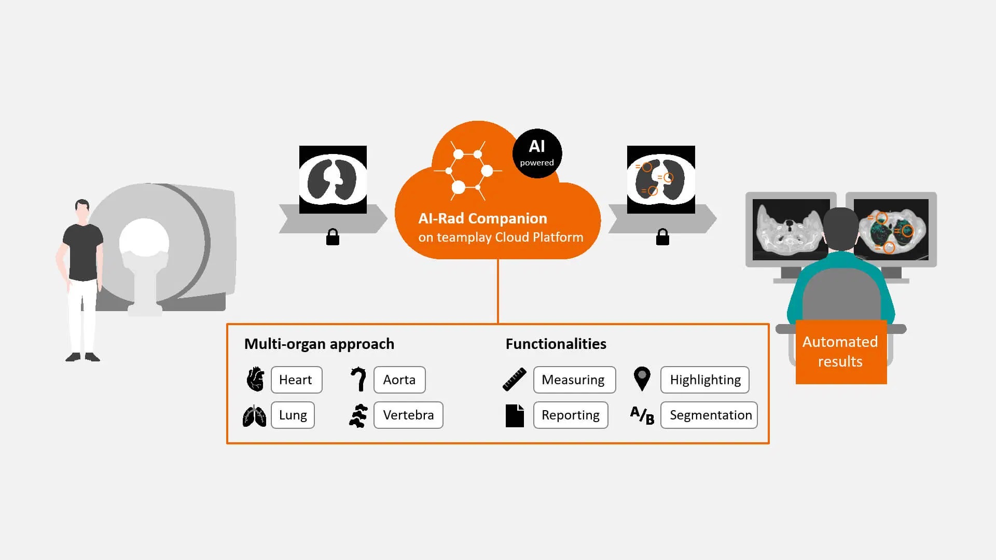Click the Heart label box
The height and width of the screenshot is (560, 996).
tap(296, 380)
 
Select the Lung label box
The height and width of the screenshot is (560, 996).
tap(293, 415)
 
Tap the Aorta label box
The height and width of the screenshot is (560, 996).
tap(399, 380)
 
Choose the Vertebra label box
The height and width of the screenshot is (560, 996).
tap(408, 415)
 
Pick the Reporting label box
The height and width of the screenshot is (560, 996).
tap(571, 415)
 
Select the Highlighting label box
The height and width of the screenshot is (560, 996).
tap(704, 380)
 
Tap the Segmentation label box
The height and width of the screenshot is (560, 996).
tap(709, 415)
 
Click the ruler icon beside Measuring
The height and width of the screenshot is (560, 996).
tap(515, 379)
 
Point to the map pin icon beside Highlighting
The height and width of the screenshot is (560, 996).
tap(642, 378)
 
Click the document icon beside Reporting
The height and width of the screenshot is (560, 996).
tap(515, 415)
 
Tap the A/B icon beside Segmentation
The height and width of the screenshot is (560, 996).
tap(642, 415)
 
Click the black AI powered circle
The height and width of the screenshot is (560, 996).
tap(537, 153)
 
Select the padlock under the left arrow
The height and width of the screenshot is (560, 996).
tap(333, 237)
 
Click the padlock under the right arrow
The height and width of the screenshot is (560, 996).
tap(662, 237)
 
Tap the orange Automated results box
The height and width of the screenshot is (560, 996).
tap(841, 352)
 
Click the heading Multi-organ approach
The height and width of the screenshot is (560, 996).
tap(319, 344)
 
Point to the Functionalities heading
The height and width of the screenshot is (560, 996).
tap(556, 344)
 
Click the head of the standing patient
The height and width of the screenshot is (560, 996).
tap(82, 209)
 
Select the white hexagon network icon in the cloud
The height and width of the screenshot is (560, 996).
tap(467, 170)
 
